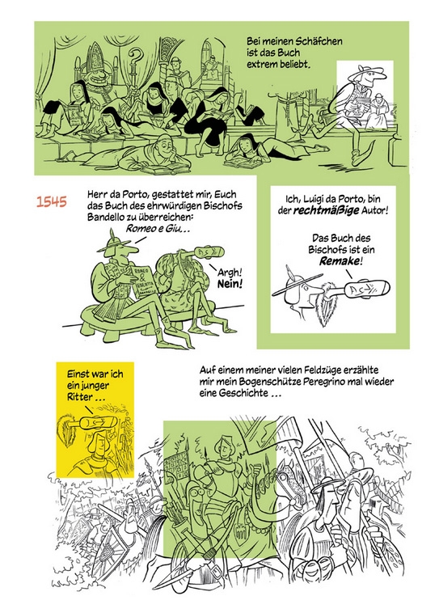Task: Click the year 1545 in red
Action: coord(52,201)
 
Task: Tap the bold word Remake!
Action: coord(339,261)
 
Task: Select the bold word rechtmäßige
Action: coord(326,211)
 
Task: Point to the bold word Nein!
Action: coord(230,284)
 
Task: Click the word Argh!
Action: coord(230,273)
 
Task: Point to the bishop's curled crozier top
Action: coord(136,55)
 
